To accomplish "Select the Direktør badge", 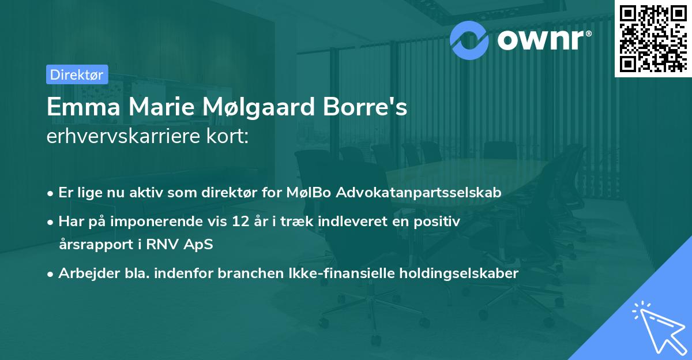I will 77,74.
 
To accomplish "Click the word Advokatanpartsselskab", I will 419,193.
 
